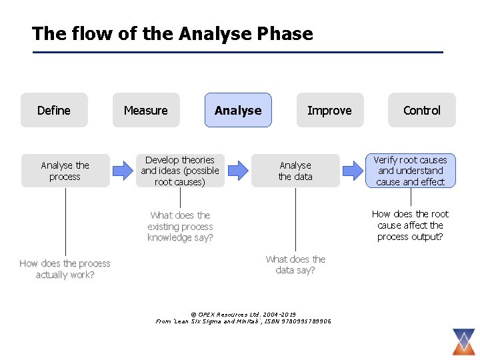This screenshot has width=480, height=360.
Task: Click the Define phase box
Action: point(54,110)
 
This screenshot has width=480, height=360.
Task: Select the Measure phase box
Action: point(146,110)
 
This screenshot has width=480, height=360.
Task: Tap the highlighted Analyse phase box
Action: point(238,110)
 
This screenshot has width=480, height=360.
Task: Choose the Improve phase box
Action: point(329,110)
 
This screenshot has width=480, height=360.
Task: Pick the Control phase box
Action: point(422,110)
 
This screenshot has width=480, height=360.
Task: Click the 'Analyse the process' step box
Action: point(65,171)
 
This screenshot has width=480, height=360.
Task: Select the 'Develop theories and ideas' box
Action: point(180,171)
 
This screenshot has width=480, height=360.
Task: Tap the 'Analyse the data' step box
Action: point(295,171)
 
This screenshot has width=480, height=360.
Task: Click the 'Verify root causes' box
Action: point(410,171)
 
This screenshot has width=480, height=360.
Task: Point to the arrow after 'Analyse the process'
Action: point(123,171)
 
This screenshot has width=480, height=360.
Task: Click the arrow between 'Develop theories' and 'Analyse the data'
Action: point(238,171)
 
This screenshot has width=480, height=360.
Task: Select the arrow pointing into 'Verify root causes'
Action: point(353,171)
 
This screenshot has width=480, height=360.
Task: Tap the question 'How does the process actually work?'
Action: point(65,269)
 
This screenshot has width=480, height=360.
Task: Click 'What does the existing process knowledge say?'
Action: point(180,226)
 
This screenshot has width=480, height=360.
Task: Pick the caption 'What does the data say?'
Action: point(295,265)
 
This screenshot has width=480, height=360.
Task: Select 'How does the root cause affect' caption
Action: point(410,225)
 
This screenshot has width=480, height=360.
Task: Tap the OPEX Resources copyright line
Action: point(243,314)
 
